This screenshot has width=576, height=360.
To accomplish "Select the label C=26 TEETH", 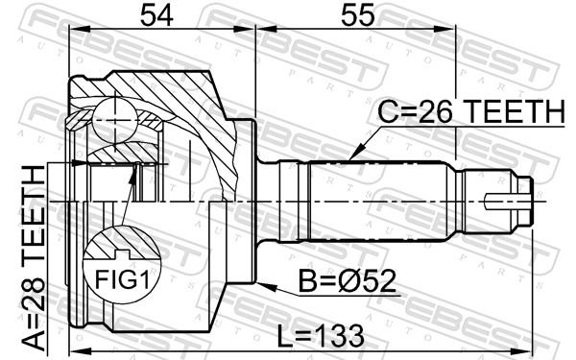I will [468, 113].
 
